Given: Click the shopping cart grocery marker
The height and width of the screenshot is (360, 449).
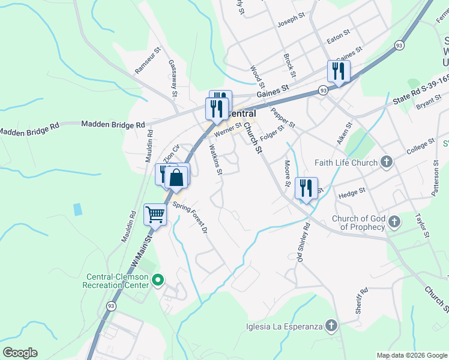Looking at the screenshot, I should pyautogui.click(x=155, y=214).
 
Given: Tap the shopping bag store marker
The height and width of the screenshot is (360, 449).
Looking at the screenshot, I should pyautogui.click(x=177, y=178).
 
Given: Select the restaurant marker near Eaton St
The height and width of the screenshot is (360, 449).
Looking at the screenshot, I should pyautogui.click(x=339, y=72).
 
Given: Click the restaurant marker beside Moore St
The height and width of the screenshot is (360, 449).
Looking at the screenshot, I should pyautogui.click(x=306, y=188).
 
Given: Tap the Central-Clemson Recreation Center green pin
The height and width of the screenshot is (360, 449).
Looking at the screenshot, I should pyautogui.click(x=158, y=279).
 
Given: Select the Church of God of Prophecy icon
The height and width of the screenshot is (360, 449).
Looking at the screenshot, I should pyautogui.click(x=394, y=222).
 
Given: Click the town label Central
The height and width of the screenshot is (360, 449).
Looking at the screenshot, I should pyautogui.click(x=243, y=113).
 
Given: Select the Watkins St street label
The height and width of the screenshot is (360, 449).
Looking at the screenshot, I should pyautogui.click(x=215, y=159).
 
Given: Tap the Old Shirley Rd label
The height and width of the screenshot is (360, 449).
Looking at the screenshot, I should pyautogui.click(x=301, y=242).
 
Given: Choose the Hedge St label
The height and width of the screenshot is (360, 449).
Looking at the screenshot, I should pyautogui.click(x=352, y=193).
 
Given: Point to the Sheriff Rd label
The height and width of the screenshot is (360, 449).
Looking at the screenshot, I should pyautogui.click(x=360, y=300).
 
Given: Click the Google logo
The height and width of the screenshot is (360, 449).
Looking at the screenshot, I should pyautogui.click(x=20, y=352).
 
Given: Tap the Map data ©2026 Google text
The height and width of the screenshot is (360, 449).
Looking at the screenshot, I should pyautogui.click(x=411, y=355).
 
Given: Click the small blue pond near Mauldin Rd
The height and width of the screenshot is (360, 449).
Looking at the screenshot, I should pyautogui.click(x=77, y=209).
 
